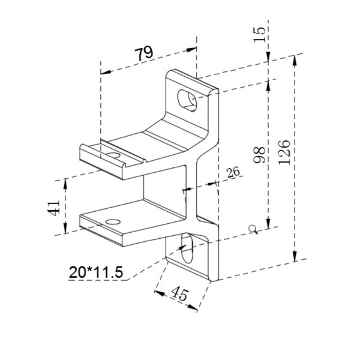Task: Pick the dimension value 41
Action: point(53,208)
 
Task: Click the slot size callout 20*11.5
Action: point(96,272)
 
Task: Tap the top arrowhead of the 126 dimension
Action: point(296,59)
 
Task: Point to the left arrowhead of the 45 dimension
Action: point(158,293)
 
